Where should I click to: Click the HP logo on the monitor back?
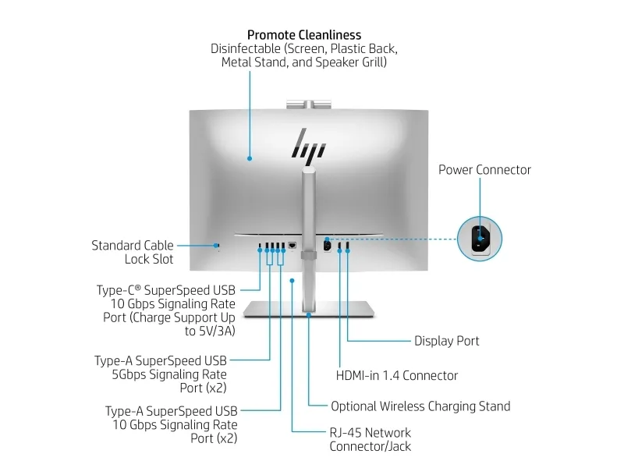[308, 145]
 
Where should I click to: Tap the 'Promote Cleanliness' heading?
[304, 34]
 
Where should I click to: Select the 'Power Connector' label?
[484, 169]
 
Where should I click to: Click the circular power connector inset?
[480, 239]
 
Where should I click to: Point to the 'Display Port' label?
[446, 341]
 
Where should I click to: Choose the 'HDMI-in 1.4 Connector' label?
[396, 375]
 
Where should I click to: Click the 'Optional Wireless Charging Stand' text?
[420, 406]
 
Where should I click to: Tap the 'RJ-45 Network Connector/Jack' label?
[370, 439]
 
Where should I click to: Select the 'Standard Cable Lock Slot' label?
[133, 252]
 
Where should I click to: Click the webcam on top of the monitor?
[308, 103]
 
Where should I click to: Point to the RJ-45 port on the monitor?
[292, 245]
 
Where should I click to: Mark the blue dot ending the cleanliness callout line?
[250, 158]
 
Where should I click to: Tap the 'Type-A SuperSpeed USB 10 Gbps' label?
[172, 417]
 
